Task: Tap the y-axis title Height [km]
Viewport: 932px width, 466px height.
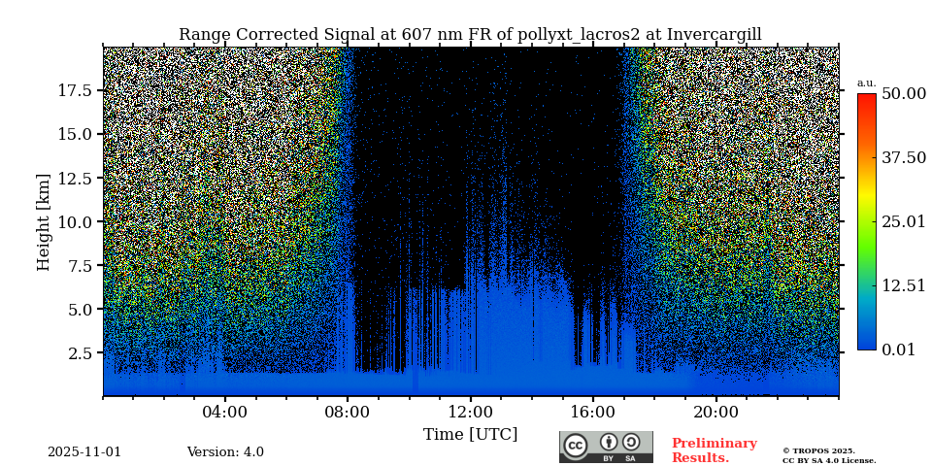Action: point(44,221)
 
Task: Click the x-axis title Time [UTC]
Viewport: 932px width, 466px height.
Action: point(470,434)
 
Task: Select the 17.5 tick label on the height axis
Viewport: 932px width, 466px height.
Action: point(75,90)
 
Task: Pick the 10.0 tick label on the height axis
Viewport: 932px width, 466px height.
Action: point(75,221)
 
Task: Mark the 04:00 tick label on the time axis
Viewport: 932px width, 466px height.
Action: point(225,412)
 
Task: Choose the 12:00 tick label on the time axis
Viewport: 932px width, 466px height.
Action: point(470,412)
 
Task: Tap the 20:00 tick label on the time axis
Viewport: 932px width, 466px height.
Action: point(716,412)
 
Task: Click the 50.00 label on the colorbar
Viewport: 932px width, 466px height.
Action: point(903,93)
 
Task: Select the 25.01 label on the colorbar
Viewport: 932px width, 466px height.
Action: point(903,221)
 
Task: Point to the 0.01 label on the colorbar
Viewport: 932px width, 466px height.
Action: point(898,349)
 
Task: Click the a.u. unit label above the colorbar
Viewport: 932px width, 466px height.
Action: point(866,83)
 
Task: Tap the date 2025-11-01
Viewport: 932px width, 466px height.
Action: point(84,452)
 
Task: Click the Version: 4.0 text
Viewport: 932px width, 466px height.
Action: point(225,452)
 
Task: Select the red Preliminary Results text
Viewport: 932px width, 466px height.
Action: point(714,450)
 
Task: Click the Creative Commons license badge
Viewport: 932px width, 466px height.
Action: point(606,447)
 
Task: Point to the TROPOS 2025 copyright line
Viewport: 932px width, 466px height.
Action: point(818,450)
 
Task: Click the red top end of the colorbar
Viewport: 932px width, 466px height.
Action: point(866,97)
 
